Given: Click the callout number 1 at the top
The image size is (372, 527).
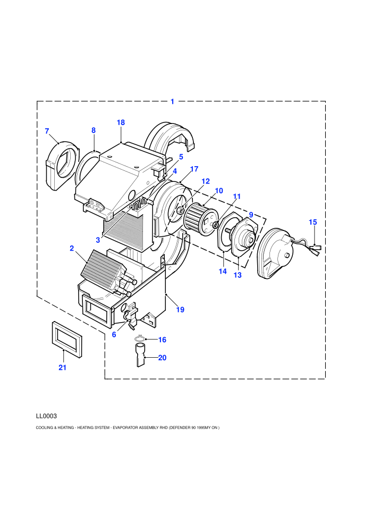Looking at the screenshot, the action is (x=172, y=102).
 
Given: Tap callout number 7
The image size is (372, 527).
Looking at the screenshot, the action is (x=47, y=131).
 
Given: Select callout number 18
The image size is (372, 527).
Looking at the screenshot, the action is (x=121, y=122).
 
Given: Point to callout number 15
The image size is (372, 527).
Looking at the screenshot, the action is (x=312, y=222).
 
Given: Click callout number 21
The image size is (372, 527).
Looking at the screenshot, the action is (x=62, y=368).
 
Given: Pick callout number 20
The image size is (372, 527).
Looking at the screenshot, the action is (x=163, y=358).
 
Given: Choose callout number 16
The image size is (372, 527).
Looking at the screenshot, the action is (x=163, y=340).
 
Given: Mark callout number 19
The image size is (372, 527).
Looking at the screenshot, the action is (x=180, y=309).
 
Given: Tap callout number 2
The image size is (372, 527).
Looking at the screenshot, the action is (x=72, y=249).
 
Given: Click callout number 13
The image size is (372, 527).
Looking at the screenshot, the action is (x=238, y=275).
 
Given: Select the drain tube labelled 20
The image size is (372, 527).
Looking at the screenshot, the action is (x=140, y=355).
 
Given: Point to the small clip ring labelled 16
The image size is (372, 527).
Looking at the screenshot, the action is (x=140, y=339).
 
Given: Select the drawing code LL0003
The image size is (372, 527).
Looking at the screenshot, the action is (x=46, y=416).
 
